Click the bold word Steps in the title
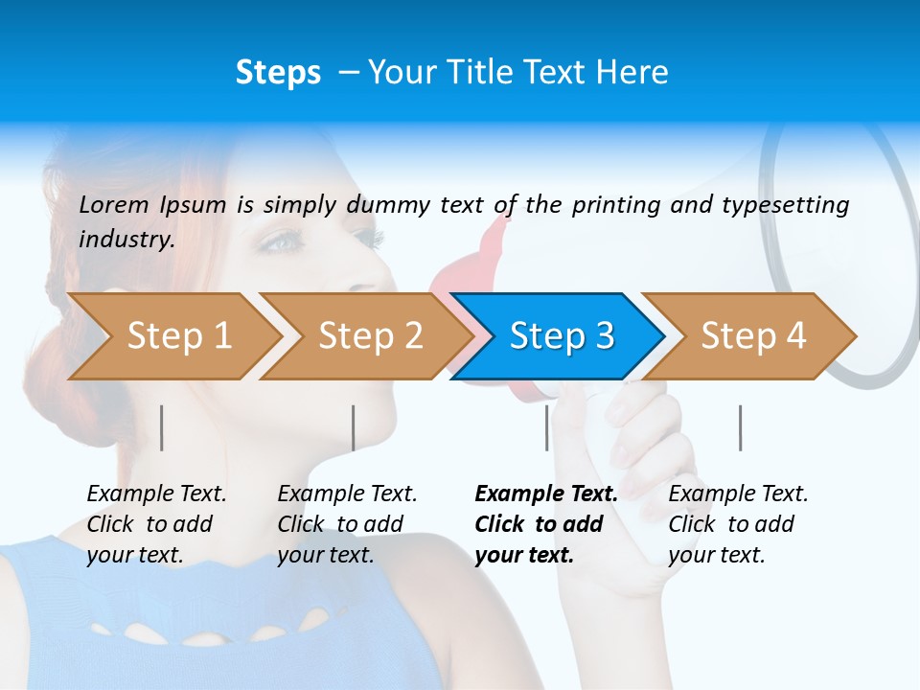pos(278,73)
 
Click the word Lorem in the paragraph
pos(114,204)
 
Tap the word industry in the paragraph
pos(126,239)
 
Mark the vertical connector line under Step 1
pos(162,427)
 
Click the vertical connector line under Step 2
pos(354,427)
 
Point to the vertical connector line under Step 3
pos(547,427)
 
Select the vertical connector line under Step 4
pos(741,427)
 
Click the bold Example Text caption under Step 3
pos(546,524)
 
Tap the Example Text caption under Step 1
pos(156,524)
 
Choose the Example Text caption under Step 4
pos(738,524)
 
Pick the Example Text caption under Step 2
pos(347,524)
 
